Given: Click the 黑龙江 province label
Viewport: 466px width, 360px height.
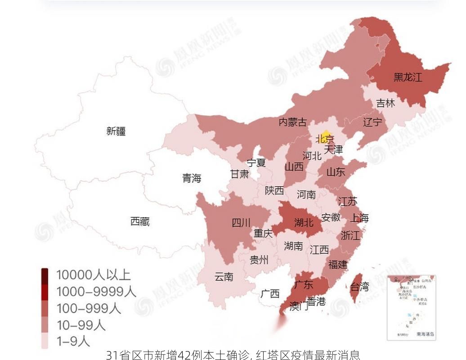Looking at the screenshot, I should (x=408, y=77).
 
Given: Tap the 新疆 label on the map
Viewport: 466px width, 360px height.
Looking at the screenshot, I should (x=116, y=131).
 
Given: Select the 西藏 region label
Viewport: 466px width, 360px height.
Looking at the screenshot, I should (x=140, y=221).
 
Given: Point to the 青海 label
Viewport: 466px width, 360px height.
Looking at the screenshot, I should (x=192, y=178).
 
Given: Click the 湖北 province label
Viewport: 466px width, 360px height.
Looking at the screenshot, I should (x=304, y=222).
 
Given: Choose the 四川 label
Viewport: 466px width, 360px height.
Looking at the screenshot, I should (x=241, y=222).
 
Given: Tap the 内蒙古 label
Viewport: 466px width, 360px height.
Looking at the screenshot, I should (x=292, y=121).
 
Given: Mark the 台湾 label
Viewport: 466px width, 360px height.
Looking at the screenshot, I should (x=359, y=286).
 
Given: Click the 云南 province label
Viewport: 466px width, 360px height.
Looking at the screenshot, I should (x=224, y=277).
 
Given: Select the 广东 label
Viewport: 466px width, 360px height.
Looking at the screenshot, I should (x=303, y=284).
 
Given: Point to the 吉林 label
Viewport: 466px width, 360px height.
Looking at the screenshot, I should (x=385, y=103).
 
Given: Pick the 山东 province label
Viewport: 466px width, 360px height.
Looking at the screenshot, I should (x=336, y=171).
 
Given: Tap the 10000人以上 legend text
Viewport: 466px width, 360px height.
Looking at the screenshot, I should (x=93, y=275).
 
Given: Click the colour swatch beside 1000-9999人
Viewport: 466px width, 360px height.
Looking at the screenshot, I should (x=45, y=292).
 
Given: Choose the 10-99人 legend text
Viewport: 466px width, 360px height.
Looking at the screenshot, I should (x=81, y=325).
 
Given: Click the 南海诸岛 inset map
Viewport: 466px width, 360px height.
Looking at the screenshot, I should (x=411, y=307).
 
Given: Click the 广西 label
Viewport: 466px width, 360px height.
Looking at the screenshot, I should (x=270, y=294).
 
